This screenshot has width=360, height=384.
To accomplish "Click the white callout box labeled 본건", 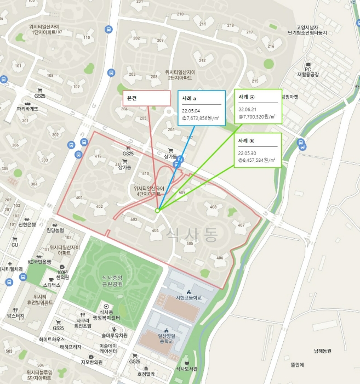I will (146, 98).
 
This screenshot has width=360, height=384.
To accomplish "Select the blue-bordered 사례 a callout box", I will (201, 108).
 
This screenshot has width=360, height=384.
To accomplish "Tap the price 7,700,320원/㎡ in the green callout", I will (256, 117).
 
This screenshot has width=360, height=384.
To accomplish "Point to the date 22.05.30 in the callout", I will (248, 153).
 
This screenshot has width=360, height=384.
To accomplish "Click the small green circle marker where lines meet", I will (157, 210).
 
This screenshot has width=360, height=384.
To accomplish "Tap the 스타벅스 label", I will (52, 286).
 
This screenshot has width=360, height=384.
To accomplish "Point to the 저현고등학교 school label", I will (188, 298).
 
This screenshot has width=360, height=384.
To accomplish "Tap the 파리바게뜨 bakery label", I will (27, 109).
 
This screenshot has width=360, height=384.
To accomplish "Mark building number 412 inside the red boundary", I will (98, 156).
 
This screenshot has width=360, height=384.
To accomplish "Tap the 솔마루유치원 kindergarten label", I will (114, 335).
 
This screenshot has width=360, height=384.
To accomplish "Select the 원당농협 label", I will (55, 230).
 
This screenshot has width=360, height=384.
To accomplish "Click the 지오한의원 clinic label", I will (92, 362).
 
